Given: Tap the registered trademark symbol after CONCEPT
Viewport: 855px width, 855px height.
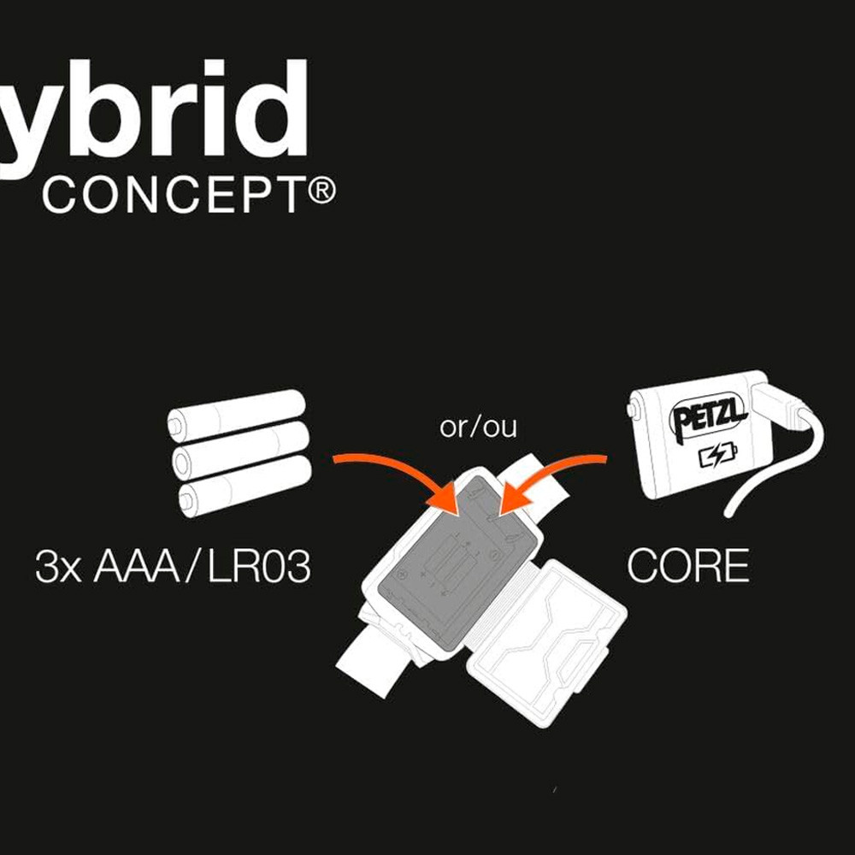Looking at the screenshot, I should tap(322, 192).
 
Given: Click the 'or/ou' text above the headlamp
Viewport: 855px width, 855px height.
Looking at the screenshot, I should tap(478, 427).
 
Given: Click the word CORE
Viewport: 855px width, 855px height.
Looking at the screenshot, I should tap(688, 567).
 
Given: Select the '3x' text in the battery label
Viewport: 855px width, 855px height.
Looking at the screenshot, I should tap(58, 568).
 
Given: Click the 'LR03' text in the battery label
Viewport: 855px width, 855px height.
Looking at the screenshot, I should tap(260, 568).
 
